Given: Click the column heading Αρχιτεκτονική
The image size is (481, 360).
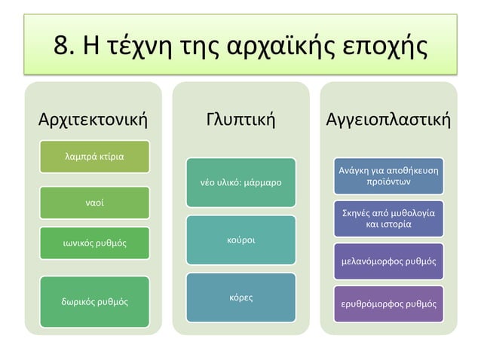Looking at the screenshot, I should point(93,119).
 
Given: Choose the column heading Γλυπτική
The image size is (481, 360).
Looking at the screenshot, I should point(240,119).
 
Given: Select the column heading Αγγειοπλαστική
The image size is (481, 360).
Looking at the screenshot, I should point(388,119).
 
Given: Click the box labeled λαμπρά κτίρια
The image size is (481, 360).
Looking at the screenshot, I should point(94,156).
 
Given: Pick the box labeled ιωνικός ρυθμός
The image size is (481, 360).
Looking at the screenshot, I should point(94,243).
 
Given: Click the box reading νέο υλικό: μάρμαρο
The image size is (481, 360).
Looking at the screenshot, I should point(240,183).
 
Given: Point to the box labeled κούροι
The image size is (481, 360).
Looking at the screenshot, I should point(240,239).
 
